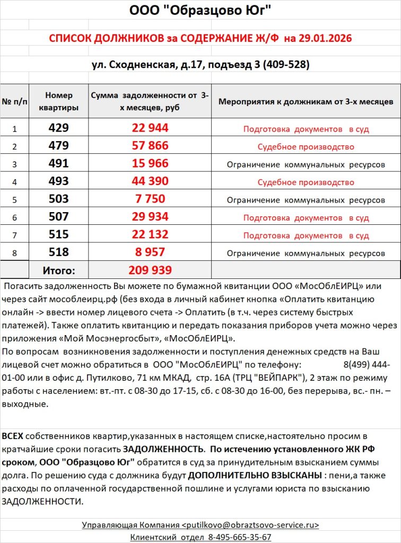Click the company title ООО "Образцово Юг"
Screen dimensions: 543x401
pos(200,11)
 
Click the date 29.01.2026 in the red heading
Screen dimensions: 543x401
pos(325,39)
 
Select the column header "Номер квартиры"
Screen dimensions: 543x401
pos(58,101)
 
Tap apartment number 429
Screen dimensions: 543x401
pos(58,128)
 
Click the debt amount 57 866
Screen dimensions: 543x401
pos(150,146)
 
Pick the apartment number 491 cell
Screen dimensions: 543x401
pos(58,164)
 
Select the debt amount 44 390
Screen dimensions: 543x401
pos(150,182)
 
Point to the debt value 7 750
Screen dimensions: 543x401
pos(150,199)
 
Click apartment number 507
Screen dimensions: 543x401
pos(58,216)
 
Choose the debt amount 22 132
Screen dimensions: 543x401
pos(150,234)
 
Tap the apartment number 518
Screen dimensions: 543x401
pos(58,252)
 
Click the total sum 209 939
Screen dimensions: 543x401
pos(150,270)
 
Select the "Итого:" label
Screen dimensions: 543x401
pos(58,270)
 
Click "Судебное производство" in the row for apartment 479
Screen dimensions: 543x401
pos(306,147)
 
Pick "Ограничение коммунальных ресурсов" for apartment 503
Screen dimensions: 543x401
pos(306,200)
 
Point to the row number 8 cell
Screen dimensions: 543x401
pos(15,253)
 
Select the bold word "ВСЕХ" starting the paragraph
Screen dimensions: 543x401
pos(13,436)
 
